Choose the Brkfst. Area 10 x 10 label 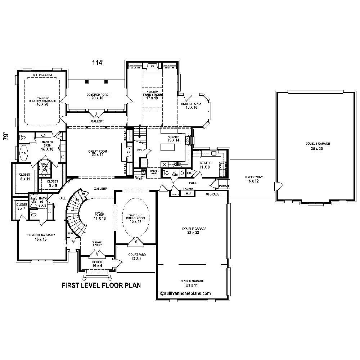point(189,105)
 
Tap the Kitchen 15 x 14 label point(173,139)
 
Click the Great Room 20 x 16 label point(98,153)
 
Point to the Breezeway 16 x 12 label point(252,179)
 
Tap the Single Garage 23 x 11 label point(192,283)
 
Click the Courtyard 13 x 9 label point(137,257)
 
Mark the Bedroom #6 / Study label point(40,237)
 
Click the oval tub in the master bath point(23,153)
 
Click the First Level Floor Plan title point(101,285)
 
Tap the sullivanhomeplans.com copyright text point(185,293)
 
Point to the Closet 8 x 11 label point(25,176)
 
